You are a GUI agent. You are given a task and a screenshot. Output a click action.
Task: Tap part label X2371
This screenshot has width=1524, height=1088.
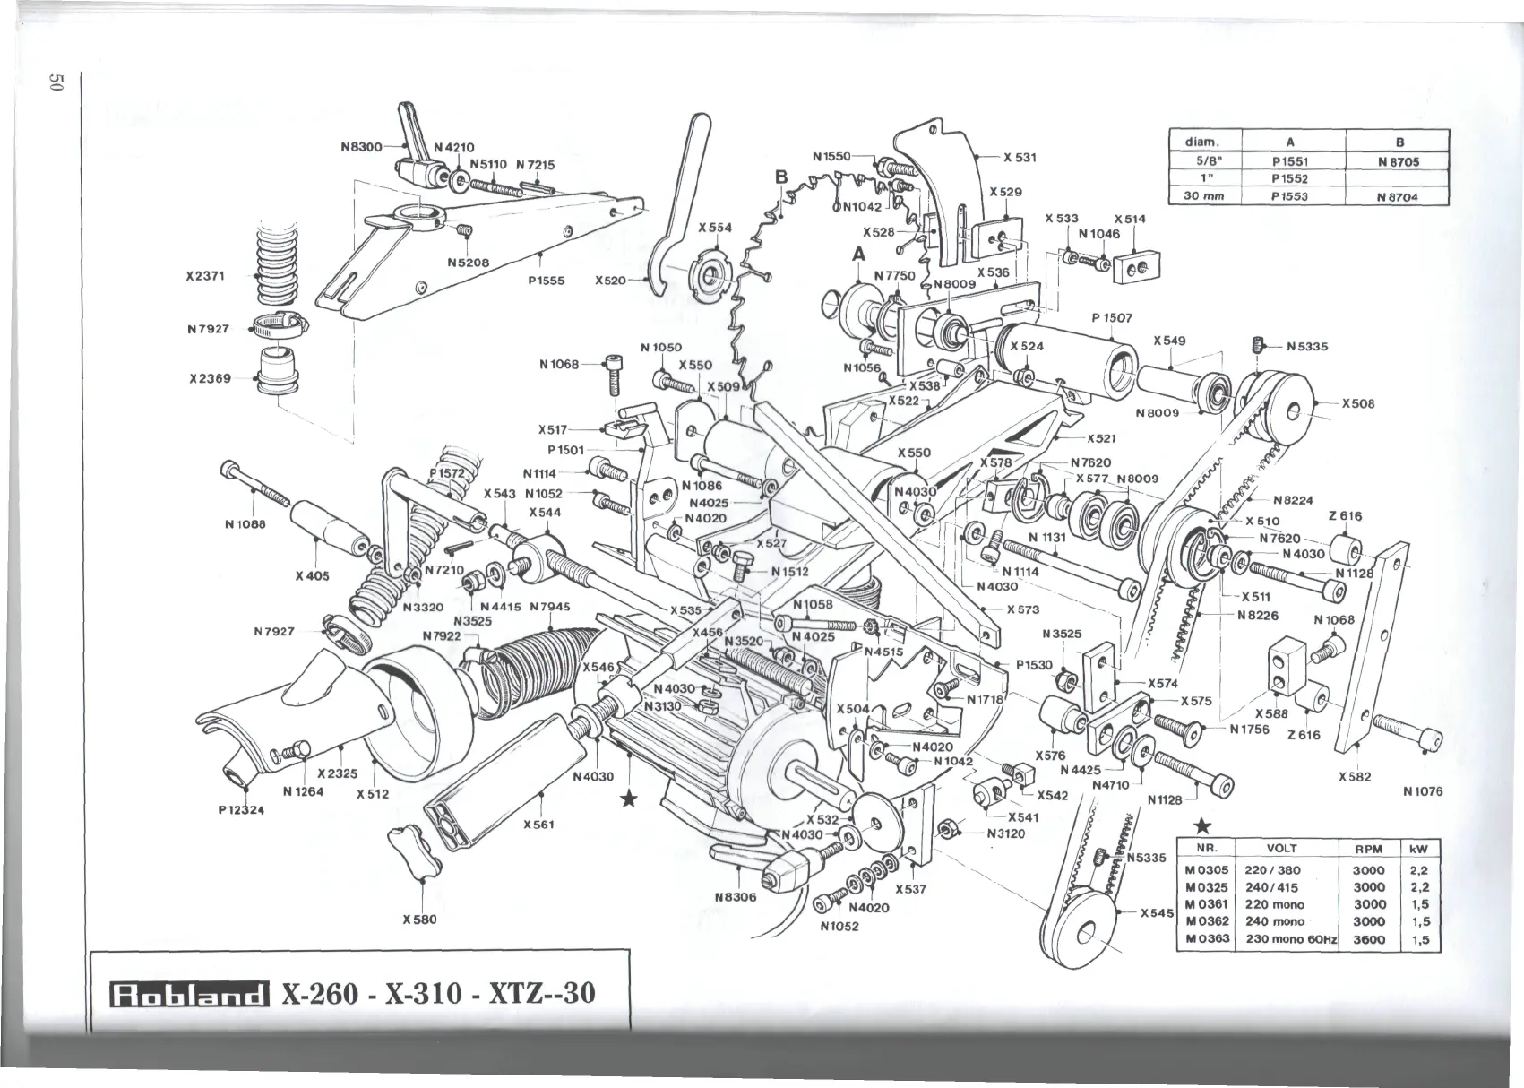pos(204,275)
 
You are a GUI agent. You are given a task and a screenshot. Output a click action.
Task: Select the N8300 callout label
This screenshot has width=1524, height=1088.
pos(361,146)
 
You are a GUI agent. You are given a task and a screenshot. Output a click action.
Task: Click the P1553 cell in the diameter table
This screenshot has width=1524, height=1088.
pos(1290,196)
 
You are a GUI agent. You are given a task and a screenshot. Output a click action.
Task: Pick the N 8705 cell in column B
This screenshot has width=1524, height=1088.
pos(1399,162)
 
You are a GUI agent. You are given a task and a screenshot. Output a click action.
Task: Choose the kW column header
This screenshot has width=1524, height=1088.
pos(1418,849)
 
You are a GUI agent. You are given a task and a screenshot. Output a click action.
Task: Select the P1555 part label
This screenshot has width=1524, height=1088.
pos(546,280)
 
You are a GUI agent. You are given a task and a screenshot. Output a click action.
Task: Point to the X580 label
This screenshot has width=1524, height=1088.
pos(419,919)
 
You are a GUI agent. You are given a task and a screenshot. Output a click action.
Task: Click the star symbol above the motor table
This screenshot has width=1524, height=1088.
pos(1205,825)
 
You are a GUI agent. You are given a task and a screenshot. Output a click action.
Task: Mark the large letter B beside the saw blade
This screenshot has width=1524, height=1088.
pos(780,177)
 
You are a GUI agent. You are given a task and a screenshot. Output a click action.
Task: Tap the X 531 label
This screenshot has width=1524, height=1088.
pos(1020,158)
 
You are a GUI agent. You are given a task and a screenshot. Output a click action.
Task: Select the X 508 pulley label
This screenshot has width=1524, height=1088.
pos(1357,403)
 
